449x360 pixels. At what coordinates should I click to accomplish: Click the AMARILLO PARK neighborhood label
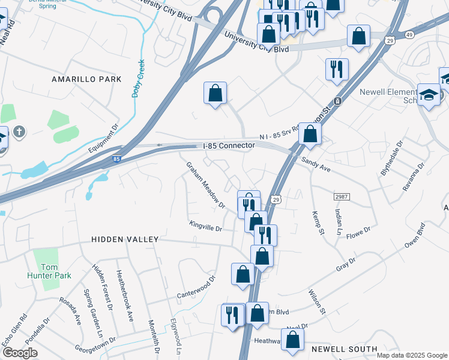point(86,79)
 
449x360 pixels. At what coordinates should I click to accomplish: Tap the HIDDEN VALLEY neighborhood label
point(125,239)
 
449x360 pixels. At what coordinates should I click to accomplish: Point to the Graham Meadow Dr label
point(205,185)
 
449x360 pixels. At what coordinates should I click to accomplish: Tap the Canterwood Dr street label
point(196,287)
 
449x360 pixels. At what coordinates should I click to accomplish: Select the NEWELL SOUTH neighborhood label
point(344,349)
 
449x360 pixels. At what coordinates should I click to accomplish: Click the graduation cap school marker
point(429,94)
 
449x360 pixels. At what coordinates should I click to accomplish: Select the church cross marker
point(19,131)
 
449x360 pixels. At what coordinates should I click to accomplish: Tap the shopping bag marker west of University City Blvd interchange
point(215,93)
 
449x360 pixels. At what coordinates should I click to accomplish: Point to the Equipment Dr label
point(104,142)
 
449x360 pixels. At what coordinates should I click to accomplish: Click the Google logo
point(20,353)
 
